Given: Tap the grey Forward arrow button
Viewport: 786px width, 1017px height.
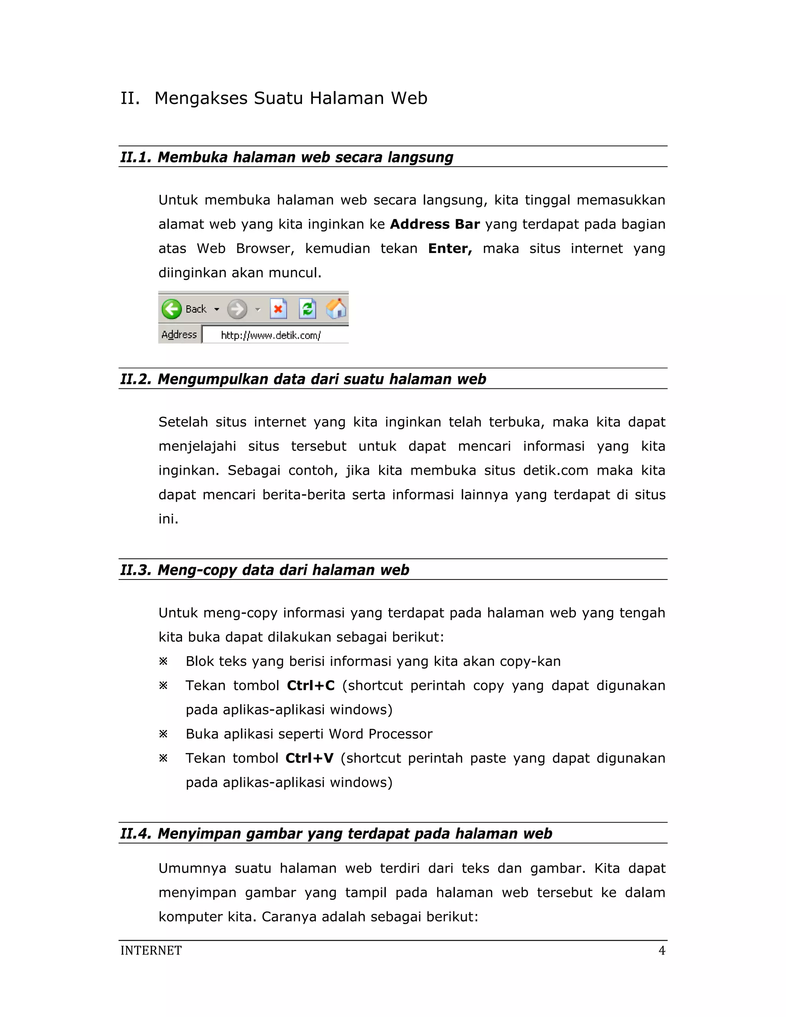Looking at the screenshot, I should click(x=238, y=309).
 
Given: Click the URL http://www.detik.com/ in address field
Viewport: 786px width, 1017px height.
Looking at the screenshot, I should click(x=271, y=335).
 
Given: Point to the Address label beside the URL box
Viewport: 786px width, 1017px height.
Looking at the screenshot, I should click(x=179, y=335).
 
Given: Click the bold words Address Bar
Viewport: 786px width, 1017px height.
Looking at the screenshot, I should click(x=434, y=225).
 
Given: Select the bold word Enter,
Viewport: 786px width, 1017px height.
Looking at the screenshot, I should click(x=450, y=249).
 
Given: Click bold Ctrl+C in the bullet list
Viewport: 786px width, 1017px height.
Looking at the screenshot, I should click(x=310, y=685).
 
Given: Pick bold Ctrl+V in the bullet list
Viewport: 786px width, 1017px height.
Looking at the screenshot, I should click(x=309, y=758).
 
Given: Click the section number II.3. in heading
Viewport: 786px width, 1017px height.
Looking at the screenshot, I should click(x=136, y=570).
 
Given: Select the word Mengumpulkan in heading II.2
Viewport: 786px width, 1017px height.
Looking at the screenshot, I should click(x=211, y=380).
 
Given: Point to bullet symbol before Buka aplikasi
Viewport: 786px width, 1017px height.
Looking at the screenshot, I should click(x=163, y=734).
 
